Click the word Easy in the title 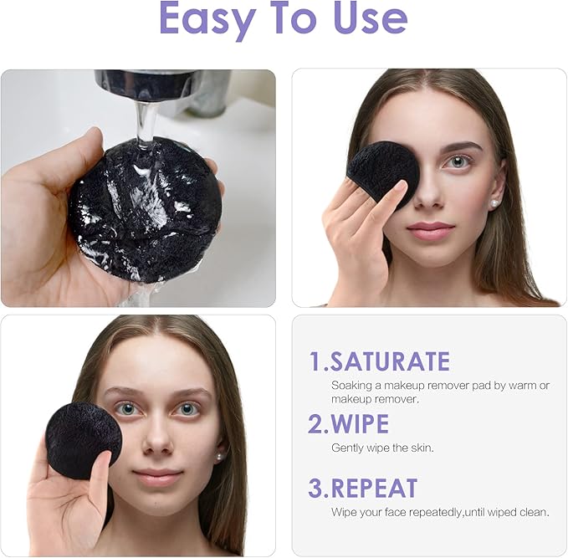click(x=208, y=19)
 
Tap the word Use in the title click(x=370, y=19)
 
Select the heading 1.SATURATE click(x=380, y=361)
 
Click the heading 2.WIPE click(x=348, y=423)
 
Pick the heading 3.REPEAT click(x=362, y=488)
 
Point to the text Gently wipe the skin click(x=382, y=448)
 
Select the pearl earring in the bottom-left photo click(x=219, y=457)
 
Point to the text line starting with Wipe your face click(x=440, y=512)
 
